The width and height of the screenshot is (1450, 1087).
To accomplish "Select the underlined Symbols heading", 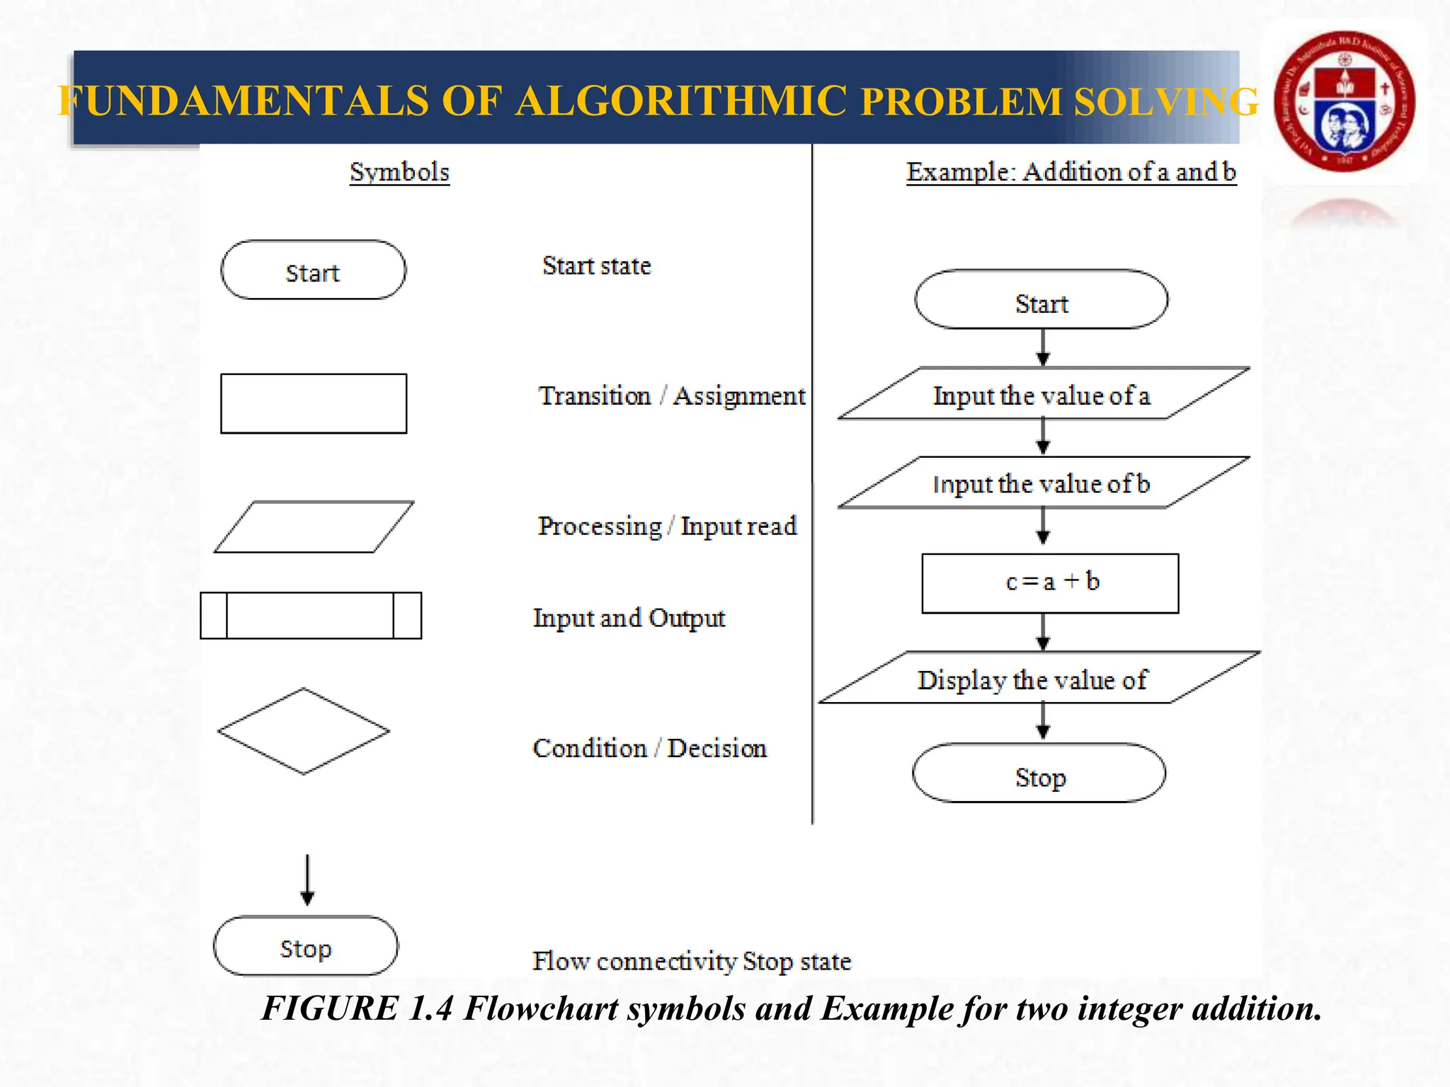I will click(x=399, y=172).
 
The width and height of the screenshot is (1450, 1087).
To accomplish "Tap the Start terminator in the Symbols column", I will click(x=313, y=270).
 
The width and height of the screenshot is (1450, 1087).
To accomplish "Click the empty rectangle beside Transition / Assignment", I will click(x=313, y=403).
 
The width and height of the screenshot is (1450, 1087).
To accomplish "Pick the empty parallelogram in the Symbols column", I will click(x=313, y=527).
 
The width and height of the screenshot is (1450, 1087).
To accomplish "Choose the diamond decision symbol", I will click(x=304, y=731).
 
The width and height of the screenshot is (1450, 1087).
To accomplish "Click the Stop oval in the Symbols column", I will click(x=306, y=947).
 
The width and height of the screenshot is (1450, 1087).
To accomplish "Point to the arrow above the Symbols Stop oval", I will click(x=307, y=880).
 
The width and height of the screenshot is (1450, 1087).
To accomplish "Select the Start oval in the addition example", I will click(x=1041, y=300).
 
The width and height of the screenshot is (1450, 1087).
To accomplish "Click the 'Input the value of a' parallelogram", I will click(x=1042, y=394).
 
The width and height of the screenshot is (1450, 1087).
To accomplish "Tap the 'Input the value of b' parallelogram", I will click(x=1042, y=483).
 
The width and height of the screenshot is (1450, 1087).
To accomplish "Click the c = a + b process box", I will click(x=1051, y=583).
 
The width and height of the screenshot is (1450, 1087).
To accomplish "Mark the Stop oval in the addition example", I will click(x=1039, y=773).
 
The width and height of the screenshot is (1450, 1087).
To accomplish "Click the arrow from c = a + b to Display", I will click(x=1043, y=632).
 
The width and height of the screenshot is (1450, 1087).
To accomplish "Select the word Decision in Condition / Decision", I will click(x=717, y=748).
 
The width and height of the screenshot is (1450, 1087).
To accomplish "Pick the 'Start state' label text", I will click(x=596, y=266).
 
